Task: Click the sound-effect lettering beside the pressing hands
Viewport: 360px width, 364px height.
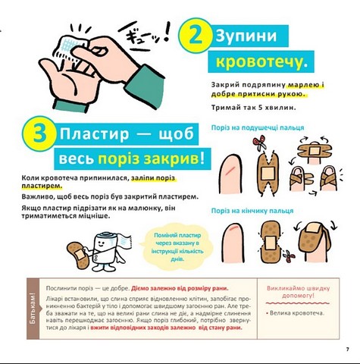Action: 147,34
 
